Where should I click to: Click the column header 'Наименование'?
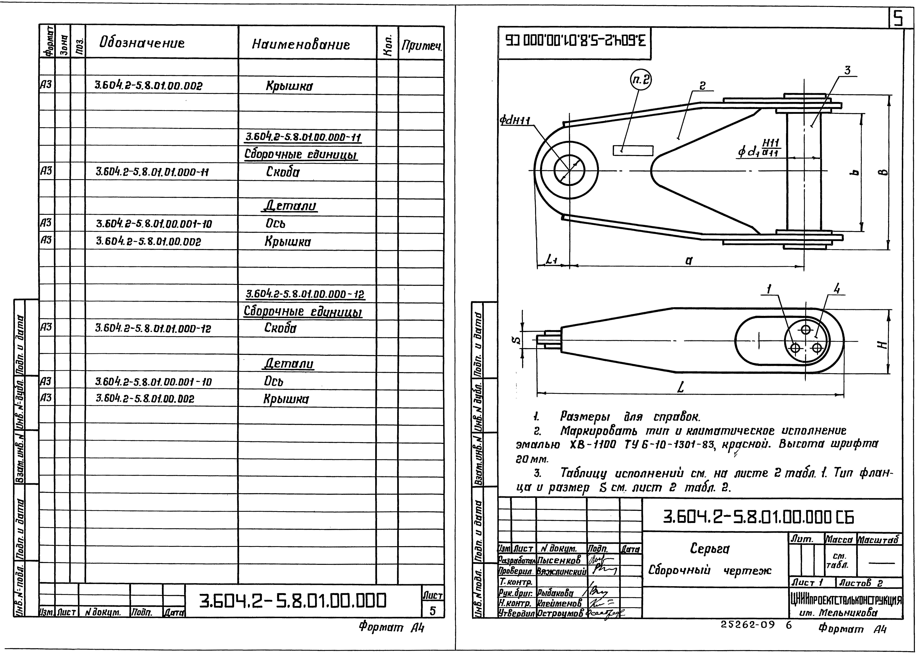click(x=301, y=44)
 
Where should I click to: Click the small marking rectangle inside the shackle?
click(x=633, y=150)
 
